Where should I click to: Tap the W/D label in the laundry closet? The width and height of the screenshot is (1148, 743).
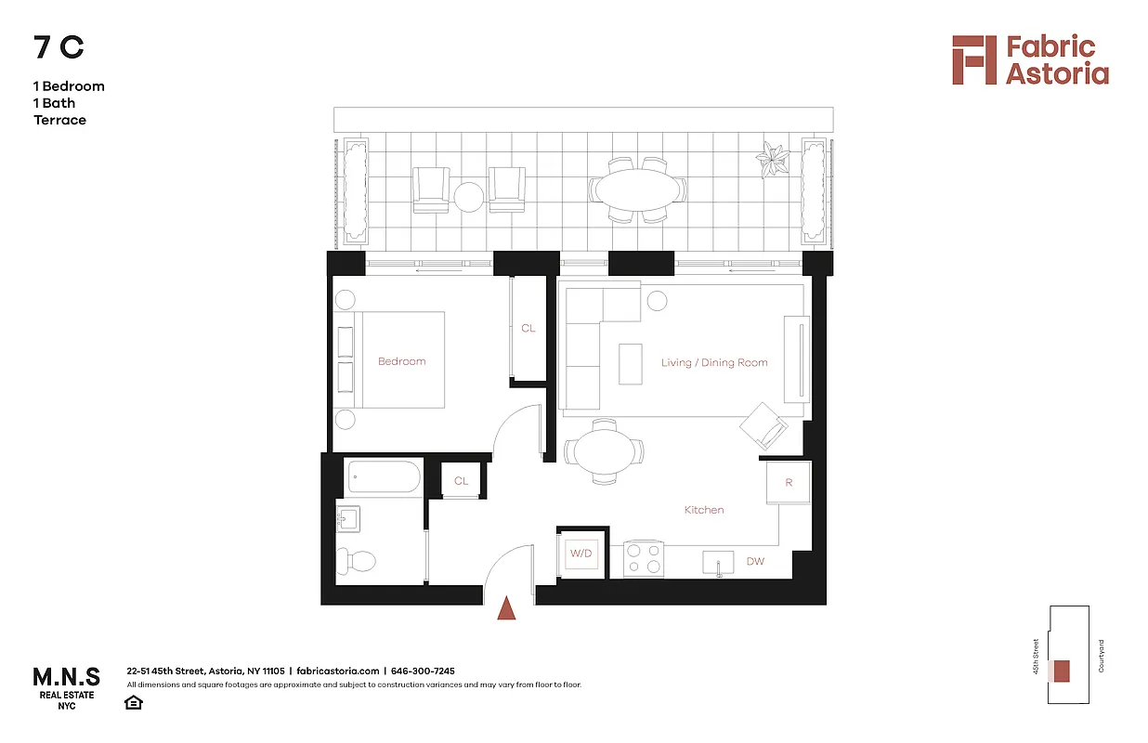(581, 554)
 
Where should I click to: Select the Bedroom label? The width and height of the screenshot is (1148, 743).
(401, 361)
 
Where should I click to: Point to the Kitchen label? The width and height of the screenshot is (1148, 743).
(704, 510)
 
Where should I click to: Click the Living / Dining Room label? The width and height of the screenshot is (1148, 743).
(714, 362)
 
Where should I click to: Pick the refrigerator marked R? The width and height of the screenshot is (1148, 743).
(789, 483)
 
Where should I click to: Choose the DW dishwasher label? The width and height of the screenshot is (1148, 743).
(755, 561)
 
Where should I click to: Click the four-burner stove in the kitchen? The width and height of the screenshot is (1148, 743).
(644, 558)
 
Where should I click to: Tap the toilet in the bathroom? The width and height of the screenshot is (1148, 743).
(358, 561)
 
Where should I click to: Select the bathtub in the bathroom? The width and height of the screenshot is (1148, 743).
(384, 479)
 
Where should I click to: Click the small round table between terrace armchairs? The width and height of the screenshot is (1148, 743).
(468, 196)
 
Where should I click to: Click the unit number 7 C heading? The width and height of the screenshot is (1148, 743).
(59, 48)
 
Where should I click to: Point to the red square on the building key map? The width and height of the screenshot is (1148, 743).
(1062, 671)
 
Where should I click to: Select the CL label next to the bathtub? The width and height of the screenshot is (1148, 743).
(461, 481)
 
